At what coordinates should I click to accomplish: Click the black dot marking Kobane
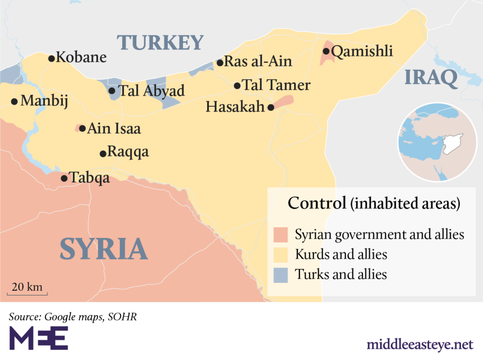click(51, 58)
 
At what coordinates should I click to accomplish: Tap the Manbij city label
click(43, 101)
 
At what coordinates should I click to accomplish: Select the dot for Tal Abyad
click(112, 91)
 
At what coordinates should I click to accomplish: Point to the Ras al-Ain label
click(258, 62)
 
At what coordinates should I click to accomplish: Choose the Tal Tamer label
click(276, 85)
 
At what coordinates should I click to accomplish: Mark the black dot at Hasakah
click(271, 107)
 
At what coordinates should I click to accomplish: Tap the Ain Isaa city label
click(114, 128)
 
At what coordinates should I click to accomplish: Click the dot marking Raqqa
click(102, 154)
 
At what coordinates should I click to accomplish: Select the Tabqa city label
click(90, 178)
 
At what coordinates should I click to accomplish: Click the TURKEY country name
click(160, 43)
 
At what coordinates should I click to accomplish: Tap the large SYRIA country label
click(104, 249)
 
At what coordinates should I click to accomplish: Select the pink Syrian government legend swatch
click(280, 234)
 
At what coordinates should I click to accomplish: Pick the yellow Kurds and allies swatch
click(280, 254)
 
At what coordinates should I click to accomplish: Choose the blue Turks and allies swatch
click(280, 275)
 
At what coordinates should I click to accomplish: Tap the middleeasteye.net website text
click(420, 344)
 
